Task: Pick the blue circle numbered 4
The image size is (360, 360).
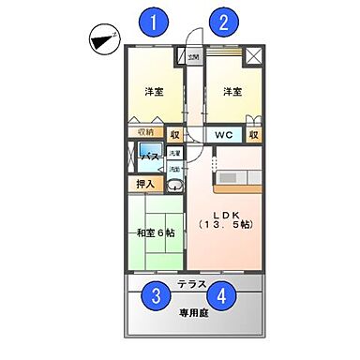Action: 222,297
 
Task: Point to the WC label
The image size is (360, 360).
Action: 222,134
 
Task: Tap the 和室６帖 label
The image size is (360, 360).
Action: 156,233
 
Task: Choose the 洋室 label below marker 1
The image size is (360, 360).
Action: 155,92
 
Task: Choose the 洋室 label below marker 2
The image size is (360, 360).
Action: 232,92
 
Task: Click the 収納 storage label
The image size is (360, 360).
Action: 144,132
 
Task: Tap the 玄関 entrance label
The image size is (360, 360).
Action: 193,57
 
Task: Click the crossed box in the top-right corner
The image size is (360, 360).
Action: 253,54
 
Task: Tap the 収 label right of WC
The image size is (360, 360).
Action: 253,134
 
